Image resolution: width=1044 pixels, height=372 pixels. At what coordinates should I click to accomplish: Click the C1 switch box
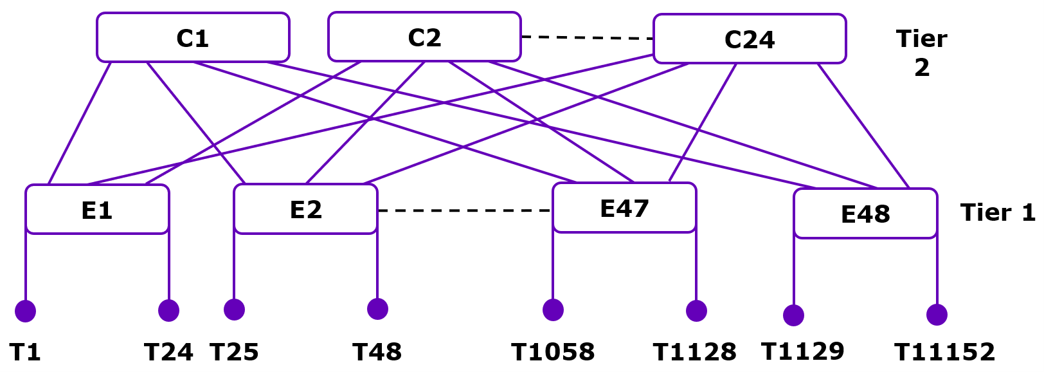coord(193,37)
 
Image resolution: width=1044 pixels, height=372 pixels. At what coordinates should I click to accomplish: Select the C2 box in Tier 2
coord(424,37)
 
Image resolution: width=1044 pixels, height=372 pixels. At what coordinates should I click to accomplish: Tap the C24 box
coord(750,39)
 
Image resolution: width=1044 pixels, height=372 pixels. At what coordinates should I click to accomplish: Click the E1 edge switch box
coord(97,210)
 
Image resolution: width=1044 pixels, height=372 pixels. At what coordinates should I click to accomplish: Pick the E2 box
coord(305,209)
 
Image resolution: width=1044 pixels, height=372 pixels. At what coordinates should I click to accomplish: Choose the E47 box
coord(624,208)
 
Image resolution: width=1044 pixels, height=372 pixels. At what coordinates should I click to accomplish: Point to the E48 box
coord(865,214)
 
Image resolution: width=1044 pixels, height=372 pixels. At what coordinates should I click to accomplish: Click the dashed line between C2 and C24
coord(587,37)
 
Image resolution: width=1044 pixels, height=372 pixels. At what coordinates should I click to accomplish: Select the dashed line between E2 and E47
coord(464,210)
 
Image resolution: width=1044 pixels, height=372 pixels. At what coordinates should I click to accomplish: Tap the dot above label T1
coord(25,311)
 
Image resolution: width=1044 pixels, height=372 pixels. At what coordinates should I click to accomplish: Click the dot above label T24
coord(168,310)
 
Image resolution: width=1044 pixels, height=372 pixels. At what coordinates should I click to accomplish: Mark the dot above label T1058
coord(553,310)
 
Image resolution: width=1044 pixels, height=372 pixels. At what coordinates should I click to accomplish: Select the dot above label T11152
coord(937,315)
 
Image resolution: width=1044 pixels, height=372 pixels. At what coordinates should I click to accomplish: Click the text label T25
coord(234,352)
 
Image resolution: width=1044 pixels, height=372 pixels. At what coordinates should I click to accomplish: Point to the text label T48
coord(377,352)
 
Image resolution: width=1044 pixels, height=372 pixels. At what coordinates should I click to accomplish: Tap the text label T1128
coord(695,352)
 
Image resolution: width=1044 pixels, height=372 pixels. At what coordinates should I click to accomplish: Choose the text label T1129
coord(802,351)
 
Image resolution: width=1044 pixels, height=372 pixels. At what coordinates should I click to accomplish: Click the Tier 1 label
coord(998,212)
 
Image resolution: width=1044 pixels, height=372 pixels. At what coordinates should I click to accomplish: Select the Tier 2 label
coord(921,53)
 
